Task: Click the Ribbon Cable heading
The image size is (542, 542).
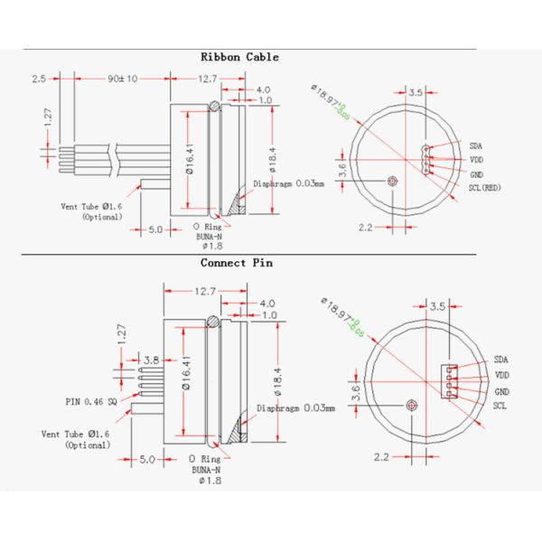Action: click(239, 57)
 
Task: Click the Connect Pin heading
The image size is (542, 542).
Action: click(236, 264)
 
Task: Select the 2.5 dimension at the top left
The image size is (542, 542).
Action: click(38, 79)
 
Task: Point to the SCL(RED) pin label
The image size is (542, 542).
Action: click(484, 187)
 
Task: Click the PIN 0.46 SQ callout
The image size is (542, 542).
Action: click(91, 401)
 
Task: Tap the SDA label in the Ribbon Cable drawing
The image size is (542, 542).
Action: click(475, 145)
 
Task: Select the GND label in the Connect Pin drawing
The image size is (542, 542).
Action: click(501, 392)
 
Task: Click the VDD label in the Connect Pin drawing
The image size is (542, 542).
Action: click(501, 374)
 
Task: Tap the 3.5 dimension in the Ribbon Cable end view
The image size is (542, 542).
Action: click(416, 92)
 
